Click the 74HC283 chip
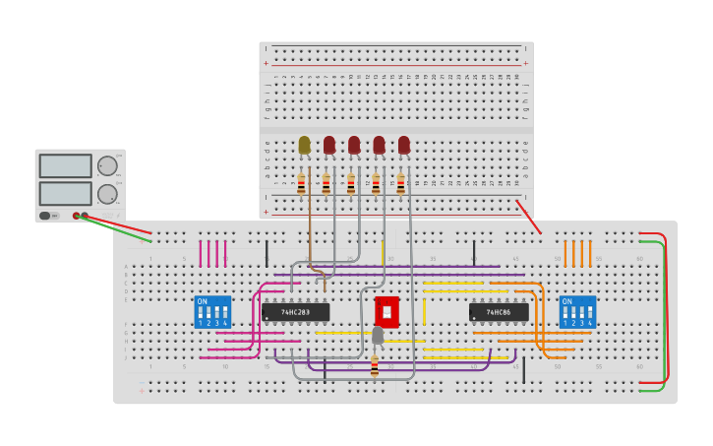tap(295, 312)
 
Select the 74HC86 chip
tap(499, 312)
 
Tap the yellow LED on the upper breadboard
tap(304, 145)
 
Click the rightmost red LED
tap(403, 145)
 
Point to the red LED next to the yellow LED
tap(328, 145)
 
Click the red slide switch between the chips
tap(386, 312)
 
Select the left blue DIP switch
tap(212, 312)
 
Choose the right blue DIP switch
tap(577, 312)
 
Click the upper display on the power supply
tap(66, 165)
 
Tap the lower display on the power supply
tap(66, 193)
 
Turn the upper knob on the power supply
tap(106, 165)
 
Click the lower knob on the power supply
tap(106, 194)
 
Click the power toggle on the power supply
tap(45, 216)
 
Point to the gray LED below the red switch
tap(378, 336)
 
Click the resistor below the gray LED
tap(375, 366)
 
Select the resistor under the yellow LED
tap(302, 185)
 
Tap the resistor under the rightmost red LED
tap(400, 185)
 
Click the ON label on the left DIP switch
tap(203, 301)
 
